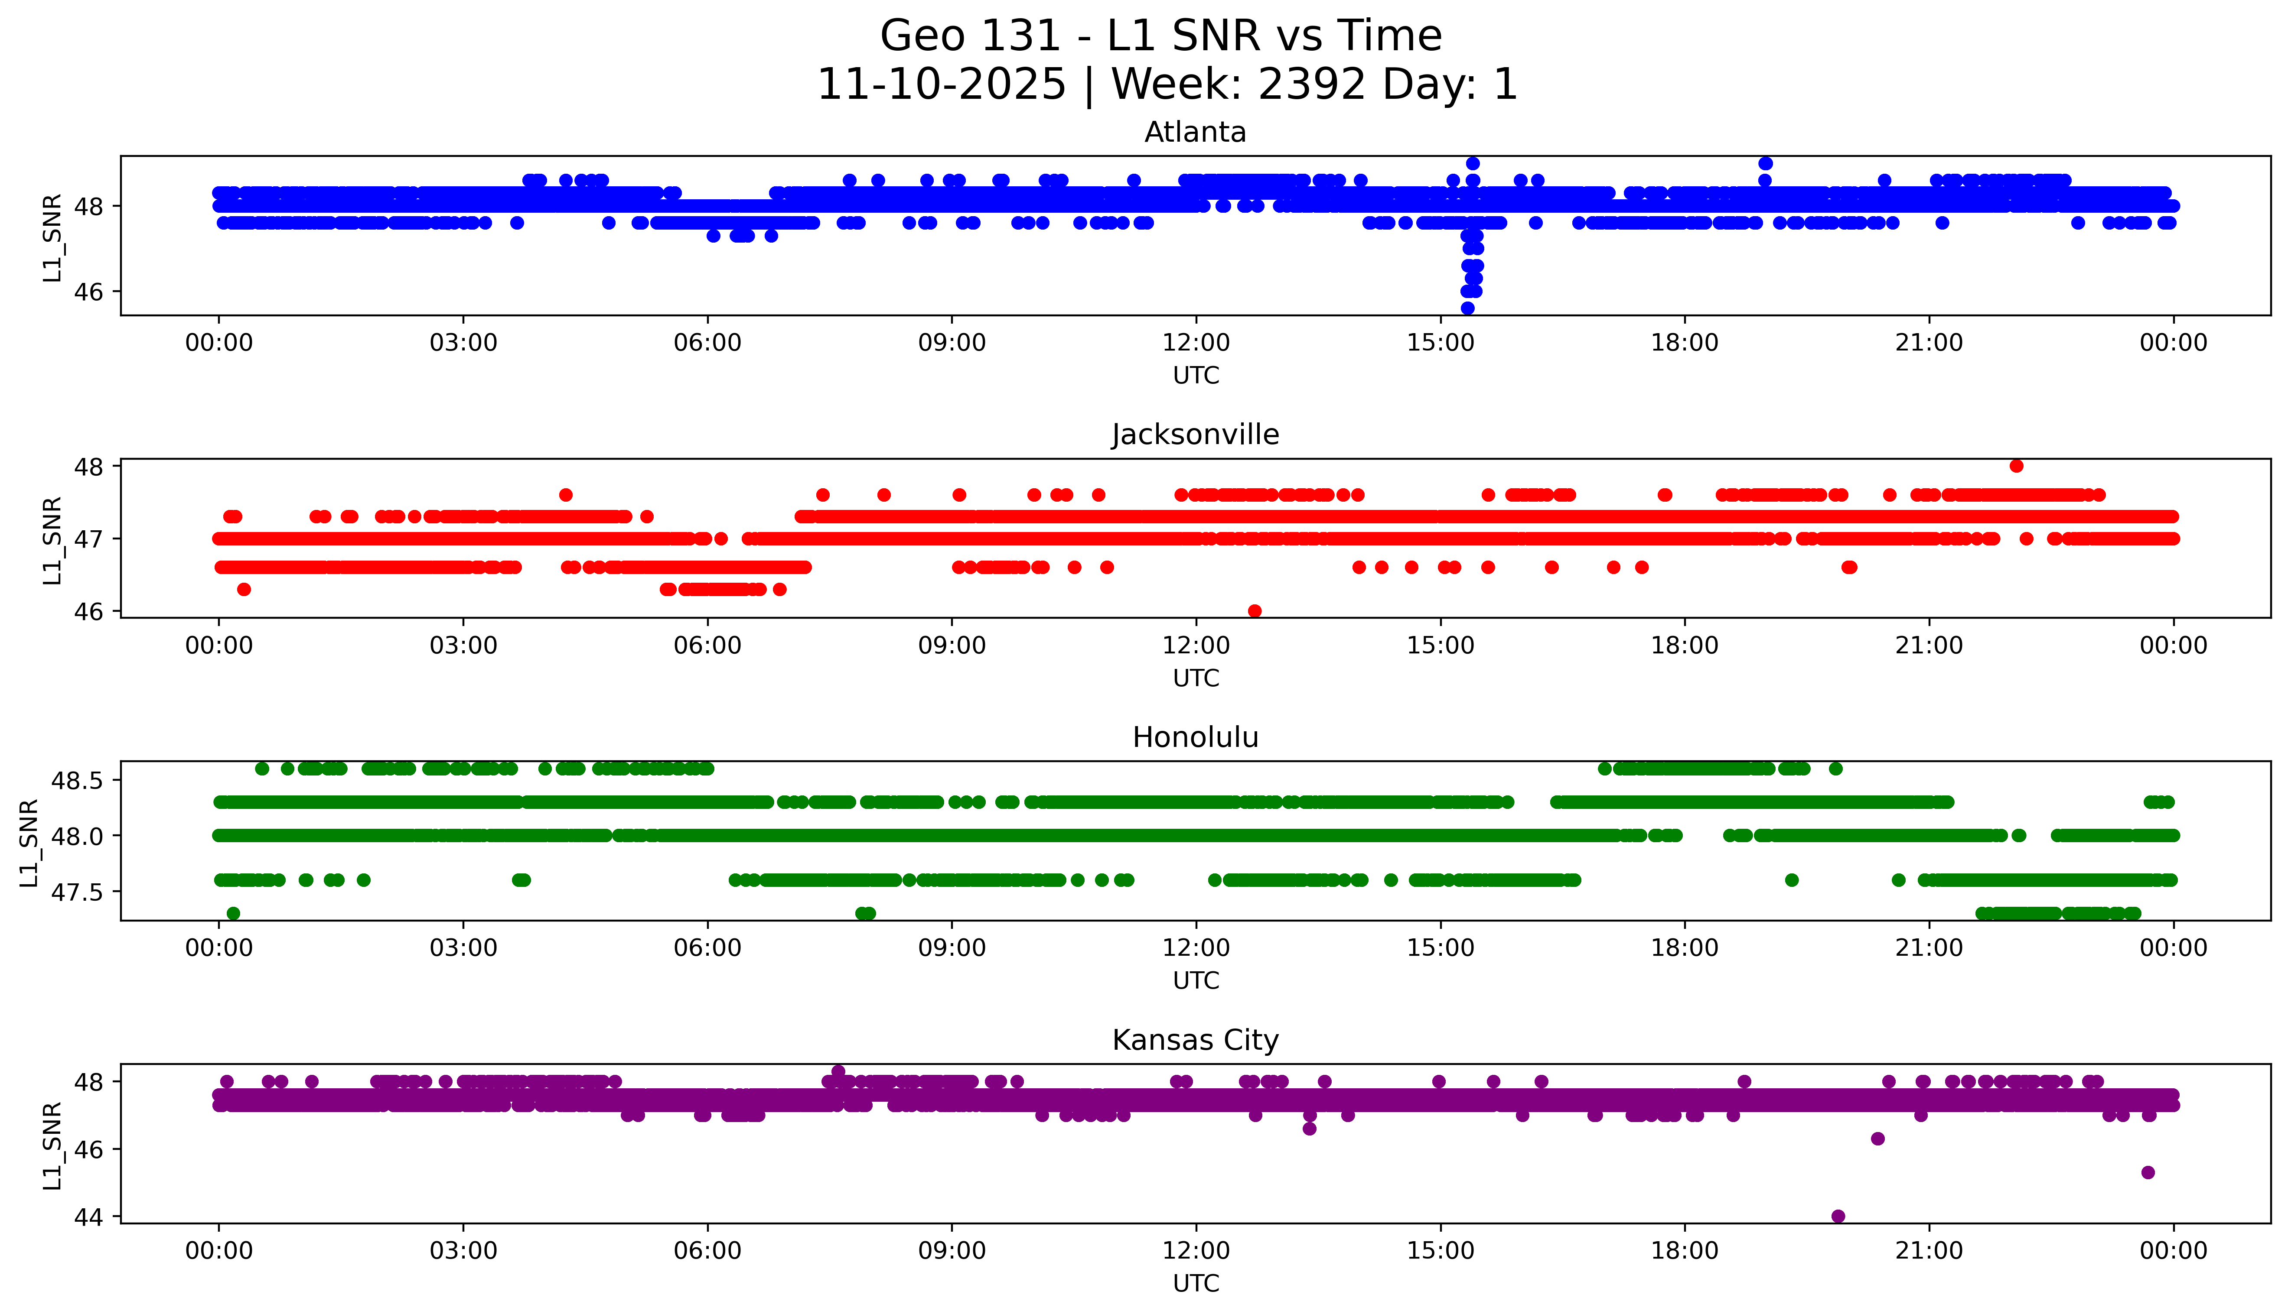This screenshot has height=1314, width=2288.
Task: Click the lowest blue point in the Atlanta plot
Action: coord(1467,308)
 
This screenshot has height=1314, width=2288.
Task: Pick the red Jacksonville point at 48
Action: coord(2016,466)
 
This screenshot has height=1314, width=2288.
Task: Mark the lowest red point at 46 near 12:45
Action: coord(1254,611)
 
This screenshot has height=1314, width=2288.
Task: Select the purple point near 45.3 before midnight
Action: coord(2148,1172)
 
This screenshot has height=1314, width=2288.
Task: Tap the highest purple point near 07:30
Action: coord(838,1071)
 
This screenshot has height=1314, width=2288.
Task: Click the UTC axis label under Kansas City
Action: coord(1196,1282)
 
